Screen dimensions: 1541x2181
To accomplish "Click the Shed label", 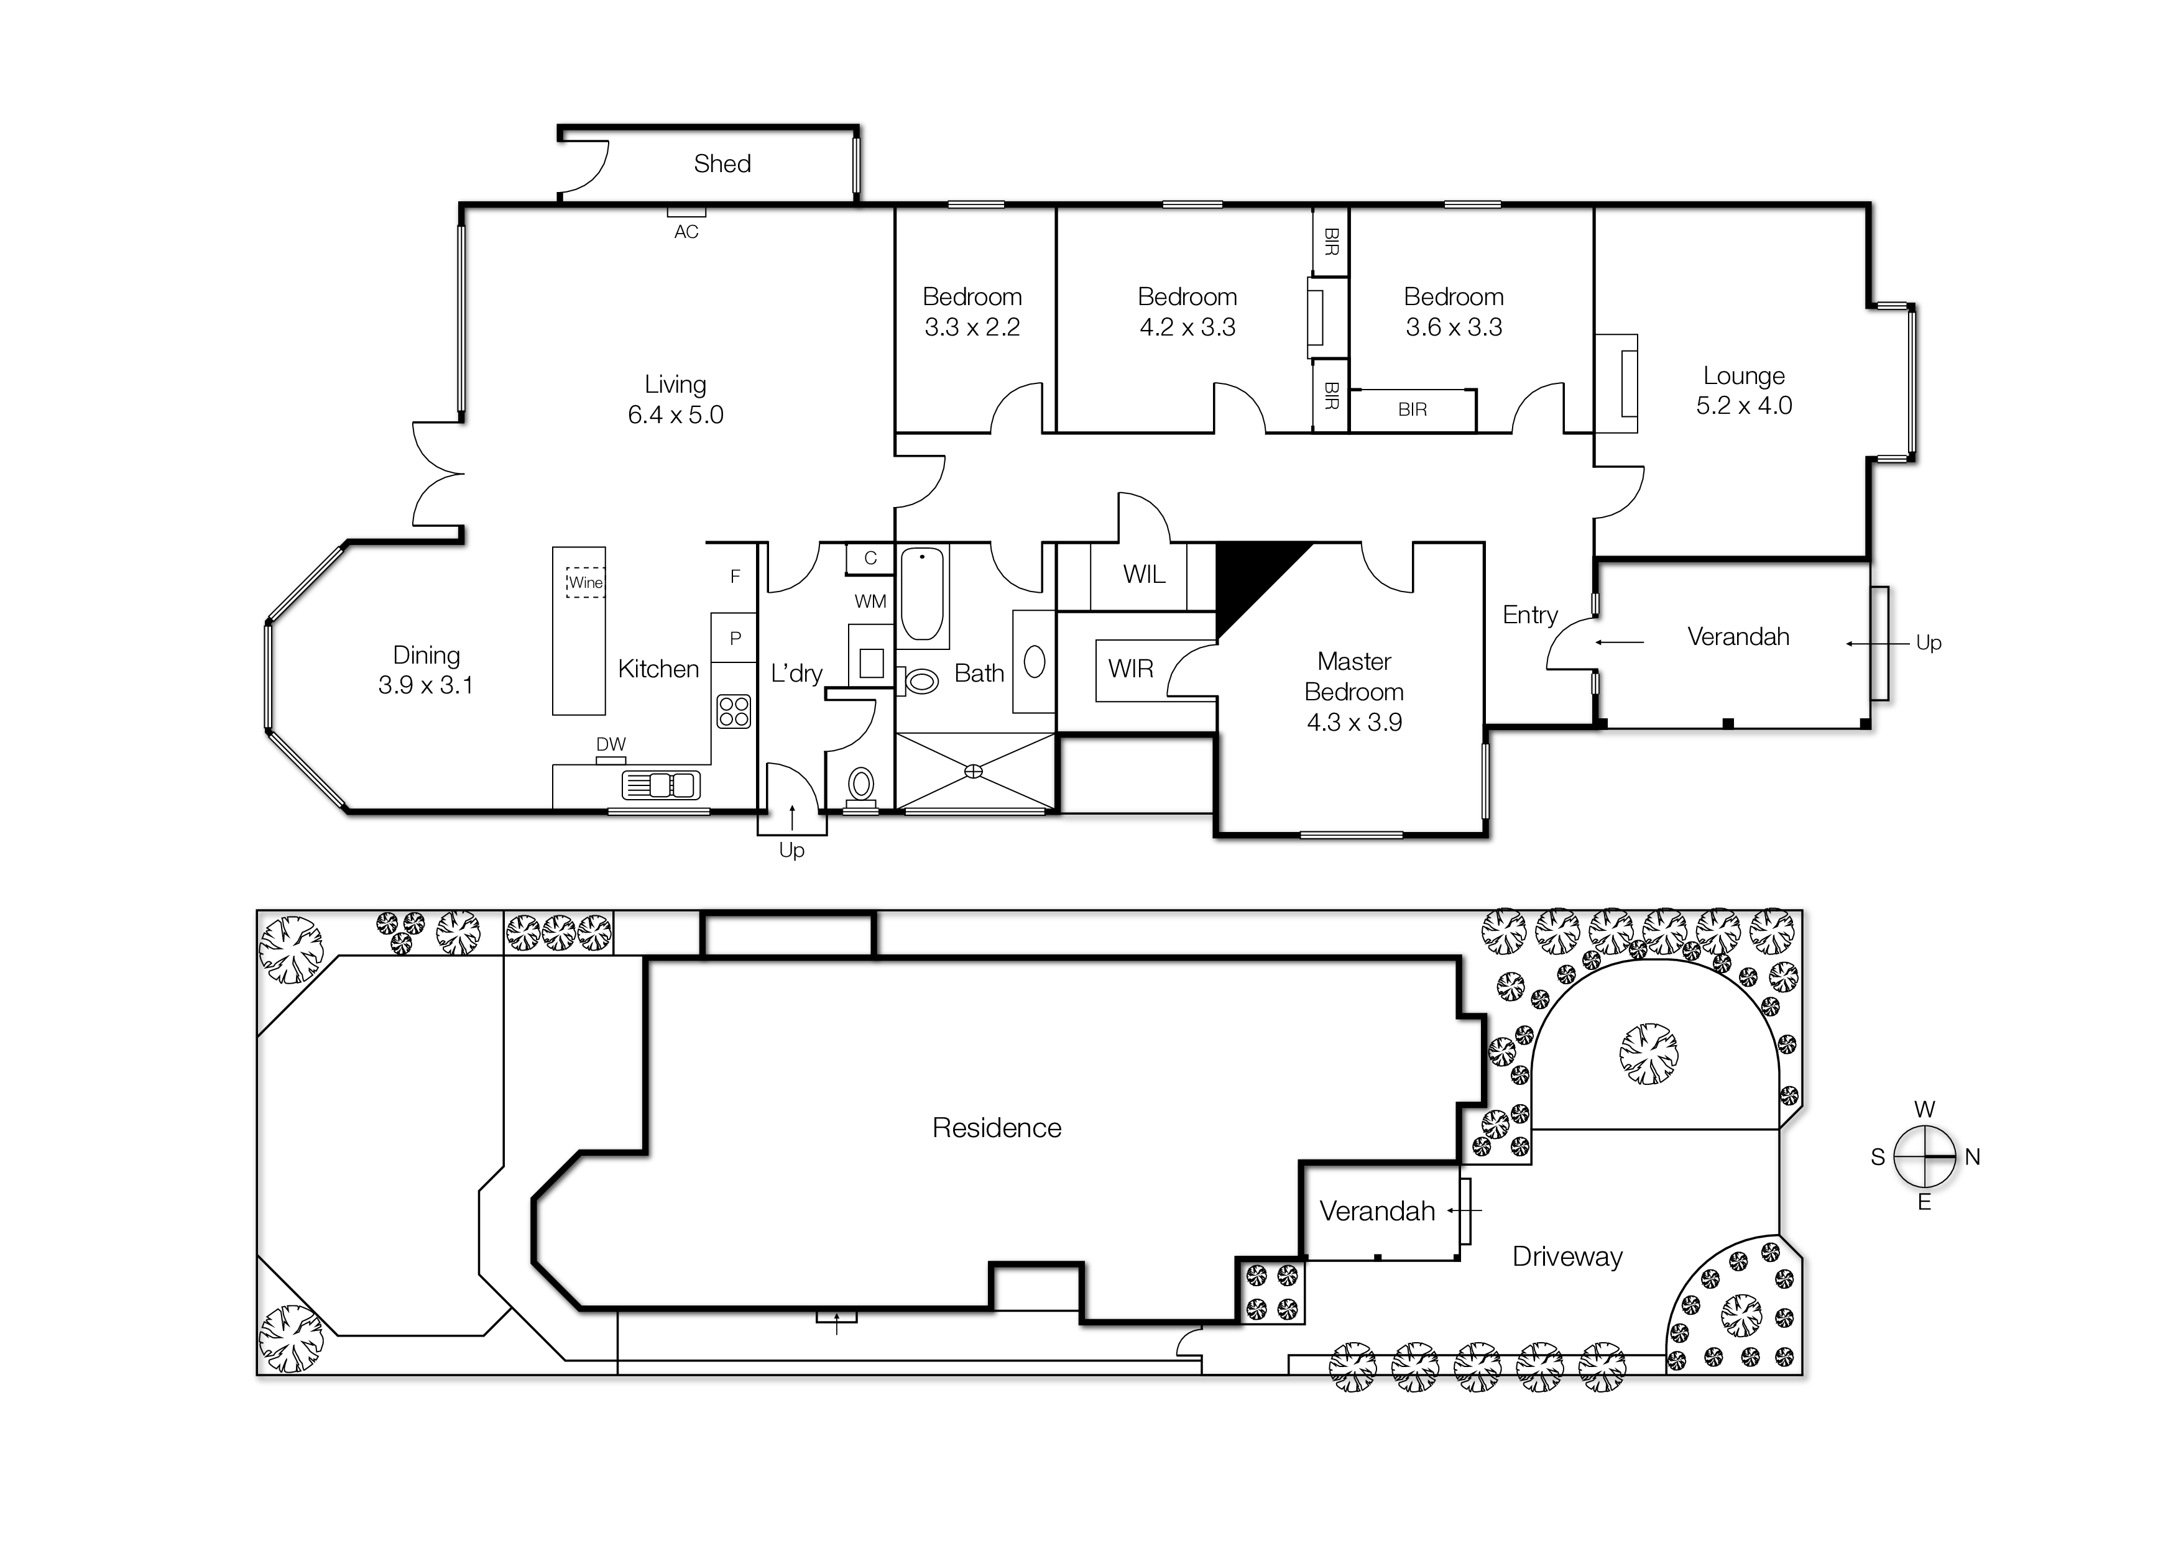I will point(722,164).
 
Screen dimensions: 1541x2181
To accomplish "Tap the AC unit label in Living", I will point(686,232).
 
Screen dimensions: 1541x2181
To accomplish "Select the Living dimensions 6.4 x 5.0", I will point(675,415).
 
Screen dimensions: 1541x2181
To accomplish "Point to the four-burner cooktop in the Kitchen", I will point(734,711).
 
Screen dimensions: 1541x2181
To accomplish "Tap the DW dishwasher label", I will point(611,744).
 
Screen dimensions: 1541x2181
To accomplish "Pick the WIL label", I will point(1144,574).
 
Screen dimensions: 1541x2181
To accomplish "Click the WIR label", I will point(1130,669).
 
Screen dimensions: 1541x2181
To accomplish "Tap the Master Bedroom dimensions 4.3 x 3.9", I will point(1353,723).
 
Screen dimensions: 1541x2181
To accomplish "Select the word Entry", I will point(1529,615).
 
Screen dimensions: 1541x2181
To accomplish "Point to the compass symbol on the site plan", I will point(1924,1156).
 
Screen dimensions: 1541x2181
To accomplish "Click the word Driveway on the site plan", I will point(1567,1257).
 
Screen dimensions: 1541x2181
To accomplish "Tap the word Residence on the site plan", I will point(997,1128).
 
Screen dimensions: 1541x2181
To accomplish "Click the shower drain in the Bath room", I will point(974,771).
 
